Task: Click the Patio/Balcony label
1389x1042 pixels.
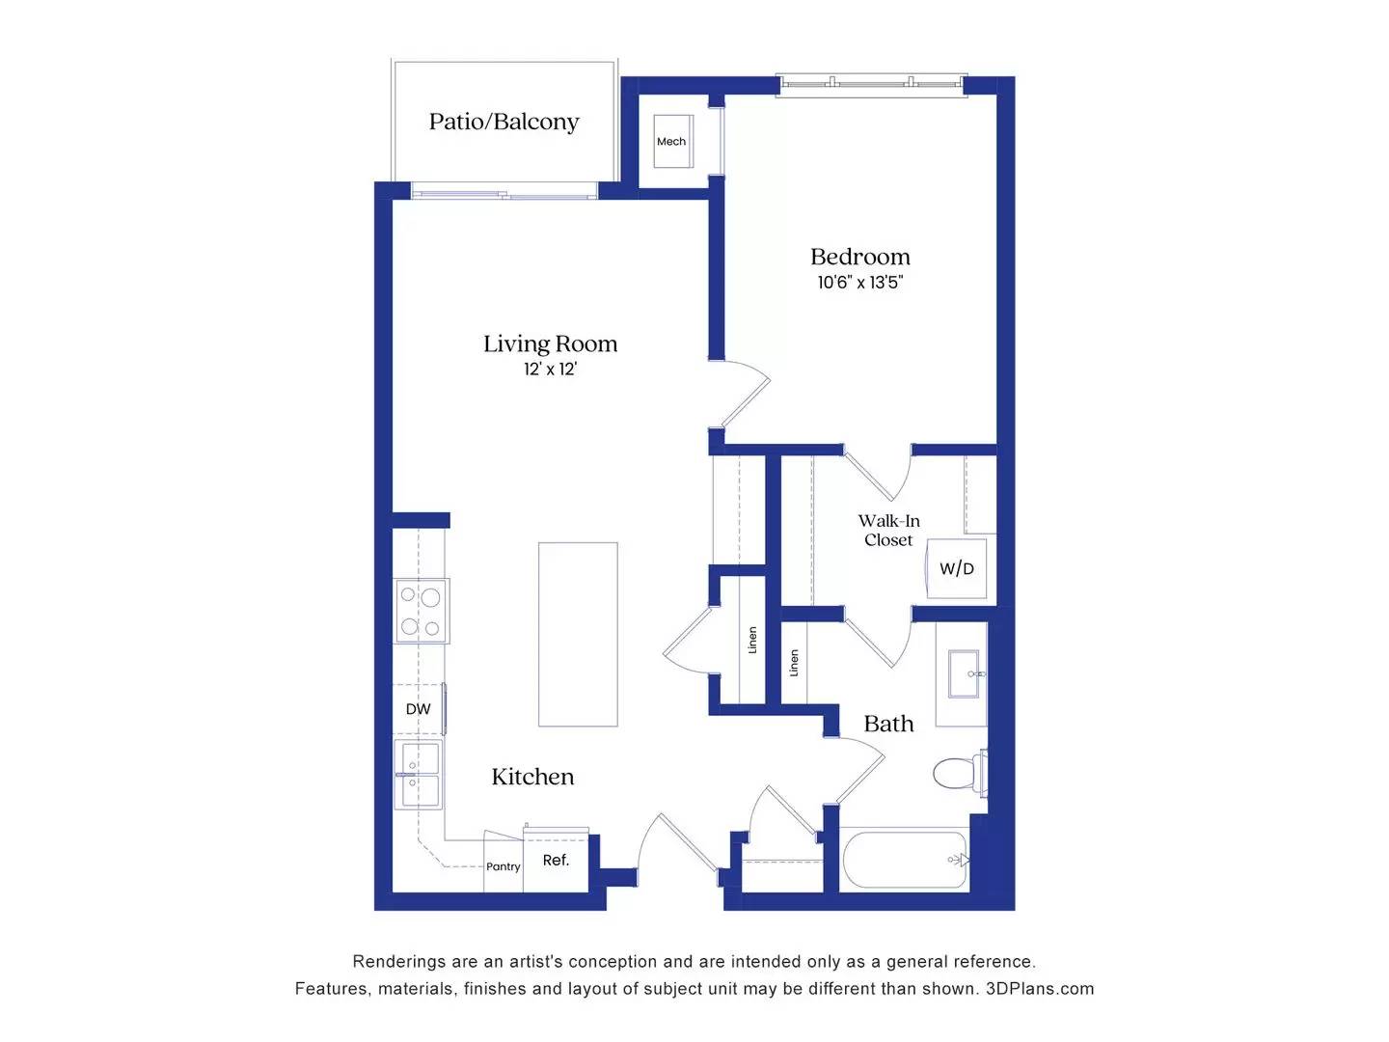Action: [x=504, y=122]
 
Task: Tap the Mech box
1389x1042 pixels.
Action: [x=671, y=141]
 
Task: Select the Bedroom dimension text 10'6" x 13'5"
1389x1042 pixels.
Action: [x=859, y=283]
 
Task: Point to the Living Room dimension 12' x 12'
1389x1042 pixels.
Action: [x=550, y=370]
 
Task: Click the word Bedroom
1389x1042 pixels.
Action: [x=859, y=257]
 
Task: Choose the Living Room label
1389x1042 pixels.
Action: [x=550, y=343]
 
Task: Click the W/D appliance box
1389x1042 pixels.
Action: [x=956, y=568]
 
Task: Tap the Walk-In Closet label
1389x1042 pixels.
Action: [x=888, y=530]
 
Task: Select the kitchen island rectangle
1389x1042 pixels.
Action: [x=578, y=634]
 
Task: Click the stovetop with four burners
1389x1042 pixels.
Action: [x=422, y=612]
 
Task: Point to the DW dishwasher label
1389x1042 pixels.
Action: [x=418, y=709]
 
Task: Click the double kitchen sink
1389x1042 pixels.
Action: [x=420, y=775]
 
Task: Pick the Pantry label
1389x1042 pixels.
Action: [x=503, y=866]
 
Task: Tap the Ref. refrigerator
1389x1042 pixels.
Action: [x=556, y=860]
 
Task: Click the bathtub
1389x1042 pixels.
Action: [x=905, y=860]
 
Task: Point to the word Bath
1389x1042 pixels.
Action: [x=888, y=724]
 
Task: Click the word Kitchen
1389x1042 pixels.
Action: [x=532, y=777]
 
